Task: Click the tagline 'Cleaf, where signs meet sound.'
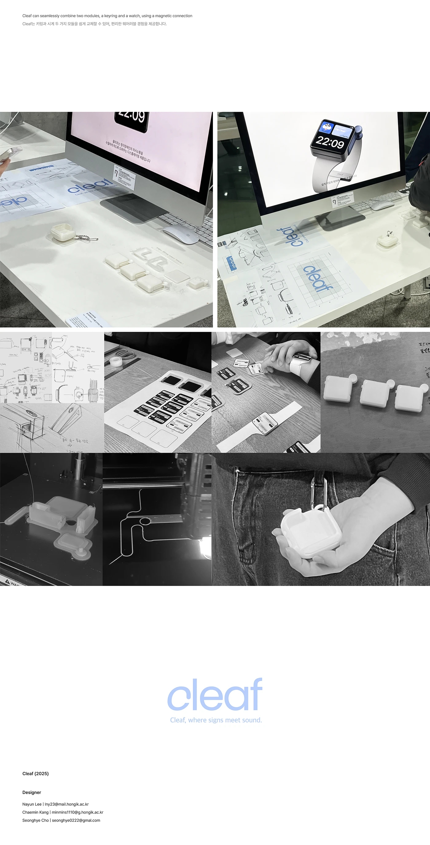pyautogui.click(x=216, y=720)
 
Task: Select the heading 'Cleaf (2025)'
pyautogui.click(x=35, y=773)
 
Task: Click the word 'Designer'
pyautogui.click(x=32, y=792)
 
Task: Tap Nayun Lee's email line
pyautogui.click(x=55, y=804)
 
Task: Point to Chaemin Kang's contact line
pyautogui.click(x=63, y=812)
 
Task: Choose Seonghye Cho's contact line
pyautogui.click(x=61, y=820)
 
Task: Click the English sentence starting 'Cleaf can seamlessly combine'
pyautogui.click(x=107, y=16)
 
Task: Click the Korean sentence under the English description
pyautogui.click(x=95, y=24)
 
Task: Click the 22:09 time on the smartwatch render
pyautogui.click(x=330, y=142)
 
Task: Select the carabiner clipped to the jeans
pyautogui.click(x=319, y=492)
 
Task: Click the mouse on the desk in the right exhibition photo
pyautogui.click(x=382, y=206)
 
